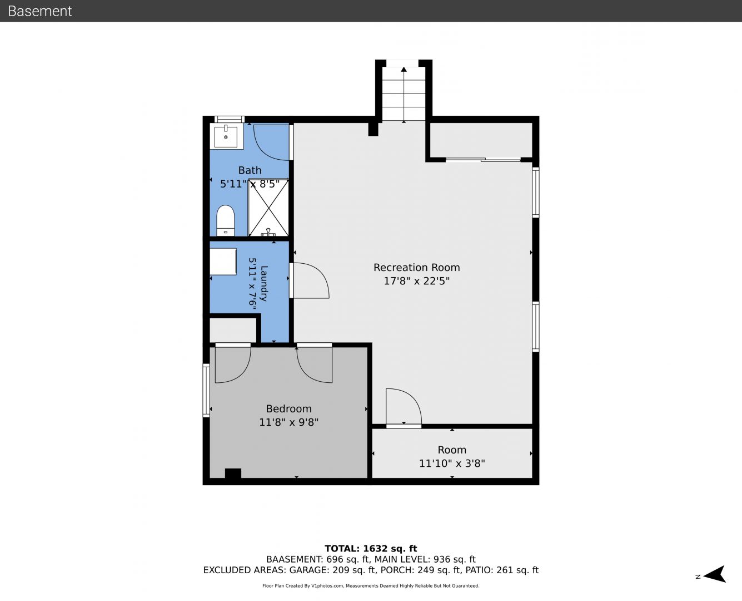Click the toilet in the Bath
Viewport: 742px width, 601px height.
point(226,220)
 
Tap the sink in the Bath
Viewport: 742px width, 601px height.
point(226,137)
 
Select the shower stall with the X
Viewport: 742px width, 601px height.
point(268,208)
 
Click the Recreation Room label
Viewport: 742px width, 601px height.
point(417,268)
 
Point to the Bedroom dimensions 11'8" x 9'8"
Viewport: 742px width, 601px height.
point(289,422)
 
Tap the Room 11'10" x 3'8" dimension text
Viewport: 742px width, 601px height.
point(452,464)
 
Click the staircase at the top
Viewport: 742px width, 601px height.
point(404,93)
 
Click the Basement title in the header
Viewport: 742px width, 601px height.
point(39,11)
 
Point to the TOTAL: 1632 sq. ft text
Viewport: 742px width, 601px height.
point(371,549)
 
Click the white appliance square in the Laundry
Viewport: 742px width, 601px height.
point(223,262)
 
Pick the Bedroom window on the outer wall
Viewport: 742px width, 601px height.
point(206,390)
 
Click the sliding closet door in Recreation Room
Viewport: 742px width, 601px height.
point(483,160)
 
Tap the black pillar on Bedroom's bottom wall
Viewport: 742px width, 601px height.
point(233,474)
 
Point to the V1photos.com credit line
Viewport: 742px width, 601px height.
point(371,586)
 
